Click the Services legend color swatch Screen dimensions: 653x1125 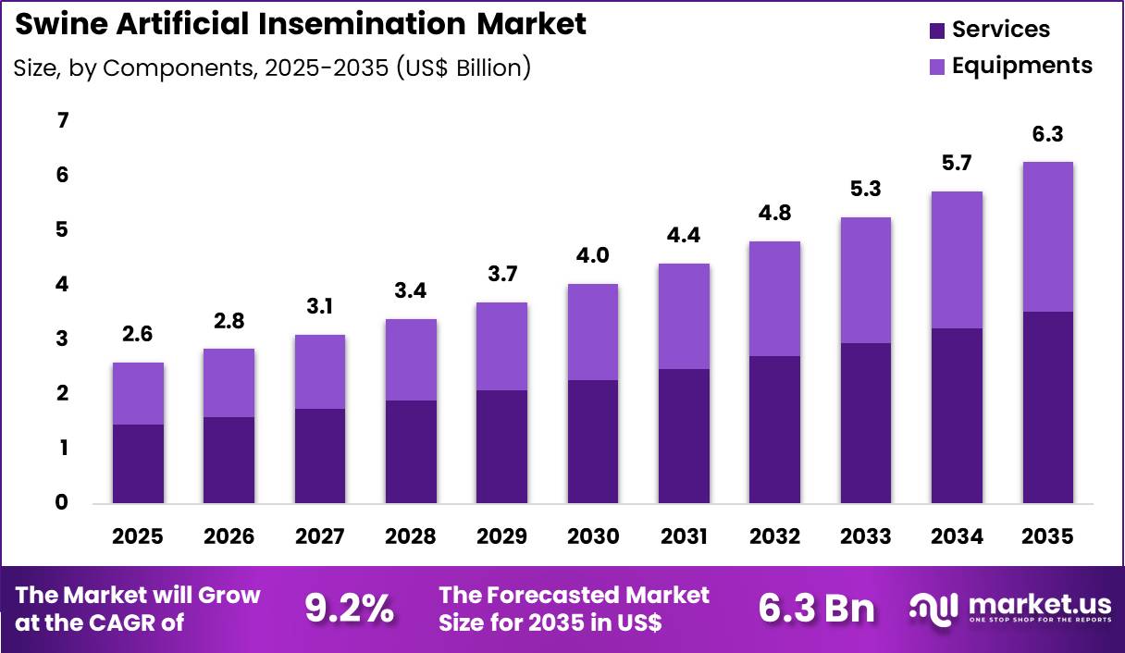pos(937,31)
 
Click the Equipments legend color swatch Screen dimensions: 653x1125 pos(937,67)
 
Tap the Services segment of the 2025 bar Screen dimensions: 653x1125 pos(137,463)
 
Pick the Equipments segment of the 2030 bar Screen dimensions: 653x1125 pos(592,331)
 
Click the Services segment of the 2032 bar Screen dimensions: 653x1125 pos(774,429)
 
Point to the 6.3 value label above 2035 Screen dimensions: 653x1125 pos(1047,135)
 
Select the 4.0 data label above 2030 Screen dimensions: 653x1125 pos(592,256)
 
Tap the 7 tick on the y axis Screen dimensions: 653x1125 pos(63,120)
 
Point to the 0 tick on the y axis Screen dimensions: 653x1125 pos(63,502)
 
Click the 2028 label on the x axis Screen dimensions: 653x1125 pos(410,536)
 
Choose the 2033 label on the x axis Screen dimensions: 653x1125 pos(865,536)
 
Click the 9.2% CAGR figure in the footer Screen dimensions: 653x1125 pos(349,608)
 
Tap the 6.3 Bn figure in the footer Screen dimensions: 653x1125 pos(816,608)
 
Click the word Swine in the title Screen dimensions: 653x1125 pos(60,25)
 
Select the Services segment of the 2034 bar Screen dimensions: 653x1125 pos(957,415)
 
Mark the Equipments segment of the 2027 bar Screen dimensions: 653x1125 pos(319,371)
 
